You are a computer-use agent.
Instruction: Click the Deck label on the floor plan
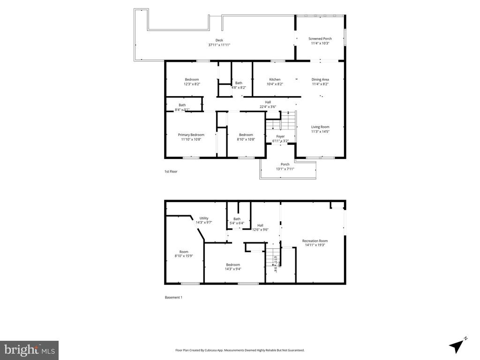(219, 40)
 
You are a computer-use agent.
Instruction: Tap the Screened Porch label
(320, 38)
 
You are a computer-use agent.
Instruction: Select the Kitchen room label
(275, 80)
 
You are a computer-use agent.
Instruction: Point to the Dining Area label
(320, 80)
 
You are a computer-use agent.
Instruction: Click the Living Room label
(321, 127)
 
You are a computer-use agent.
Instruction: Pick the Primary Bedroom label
(191, 135)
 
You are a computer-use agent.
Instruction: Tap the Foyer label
(280, 136)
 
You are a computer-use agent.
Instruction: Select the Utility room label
(204, 218)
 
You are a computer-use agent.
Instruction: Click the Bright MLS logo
(29, 350)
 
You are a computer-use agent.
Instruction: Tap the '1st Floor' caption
(171, 172)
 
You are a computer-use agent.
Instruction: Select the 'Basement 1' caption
(173, 297)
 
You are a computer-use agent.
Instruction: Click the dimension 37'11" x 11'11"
(219, 45)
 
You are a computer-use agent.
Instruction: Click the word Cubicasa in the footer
(218, 350)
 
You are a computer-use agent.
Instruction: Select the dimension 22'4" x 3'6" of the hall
(268, 107)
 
